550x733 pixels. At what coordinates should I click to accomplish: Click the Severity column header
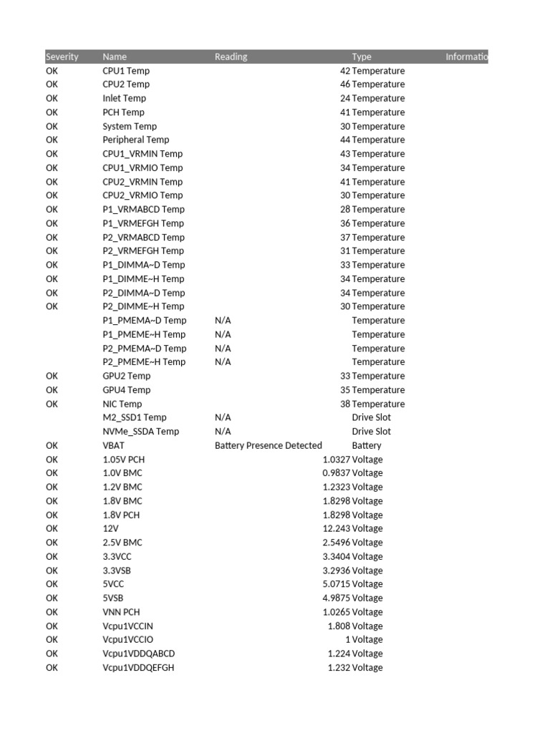(x=62, y=57)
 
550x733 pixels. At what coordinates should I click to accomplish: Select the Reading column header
(x=231, y=57)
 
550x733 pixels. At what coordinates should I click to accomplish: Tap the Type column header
(x=362, y=57)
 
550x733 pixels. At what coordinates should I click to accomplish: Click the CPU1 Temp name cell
(x=126, y=71)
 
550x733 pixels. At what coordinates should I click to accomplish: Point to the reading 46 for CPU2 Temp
(x=345, y=84)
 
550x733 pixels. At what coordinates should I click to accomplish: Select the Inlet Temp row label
(x=124, y=98)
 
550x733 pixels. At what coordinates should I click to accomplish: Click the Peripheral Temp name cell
(x=135, y=140)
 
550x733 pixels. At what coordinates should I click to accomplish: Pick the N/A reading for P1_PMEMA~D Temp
(x=223, y=321)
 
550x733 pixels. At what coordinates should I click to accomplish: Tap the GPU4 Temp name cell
(x=126, y=390)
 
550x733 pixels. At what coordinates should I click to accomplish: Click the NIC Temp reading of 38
(x=345, y=404)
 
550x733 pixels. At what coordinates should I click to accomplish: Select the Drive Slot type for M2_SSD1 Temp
(x=371, y=417)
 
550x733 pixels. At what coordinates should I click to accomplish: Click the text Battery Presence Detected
(x=269, y=445)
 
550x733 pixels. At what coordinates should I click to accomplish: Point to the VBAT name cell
(x=113, y=445)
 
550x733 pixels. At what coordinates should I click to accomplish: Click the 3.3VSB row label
(x=117, y=571)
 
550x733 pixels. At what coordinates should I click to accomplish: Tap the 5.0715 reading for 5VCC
(x=337, y=584)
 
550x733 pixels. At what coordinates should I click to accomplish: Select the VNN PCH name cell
(x=122, y=612)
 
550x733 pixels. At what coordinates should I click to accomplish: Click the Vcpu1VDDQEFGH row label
(x=138, y=668)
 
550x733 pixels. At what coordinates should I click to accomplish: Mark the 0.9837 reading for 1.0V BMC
(x=337, y=473)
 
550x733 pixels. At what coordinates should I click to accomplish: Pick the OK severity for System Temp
(x=52, y=126)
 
